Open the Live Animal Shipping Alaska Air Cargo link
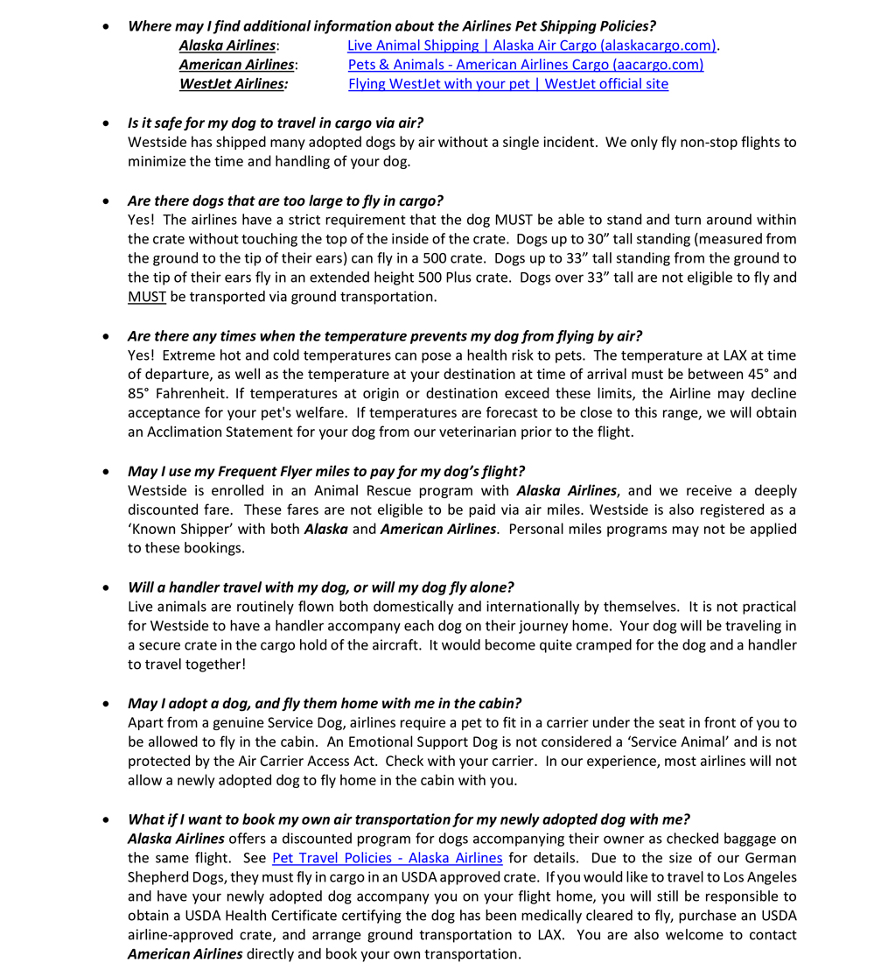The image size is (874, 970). tap(532, 46)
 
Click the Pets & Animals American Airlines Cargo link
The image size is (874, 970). tap(525, 65)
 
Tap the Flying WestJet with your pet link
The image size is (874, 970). tap(507, 84)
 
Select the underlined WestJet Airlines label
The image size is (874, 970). tap(233, 84)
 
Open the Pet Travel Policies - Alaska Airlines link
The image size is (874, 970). tap(387, 858)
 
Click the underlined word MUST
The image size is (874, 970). tap(146, 297)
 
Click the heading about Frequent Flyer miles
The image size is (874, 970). tap(326, 471)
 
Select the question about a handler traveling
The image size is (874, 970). tap(320, 587)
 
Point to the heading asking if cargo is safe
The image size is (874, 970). tap(276, 123)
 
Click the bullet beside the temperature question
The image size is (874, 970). tap(107, 336)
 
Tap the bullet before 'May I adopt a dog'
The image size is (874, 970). tap(107, 704)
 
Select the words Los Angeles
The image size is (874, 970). tap(753, 877)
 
